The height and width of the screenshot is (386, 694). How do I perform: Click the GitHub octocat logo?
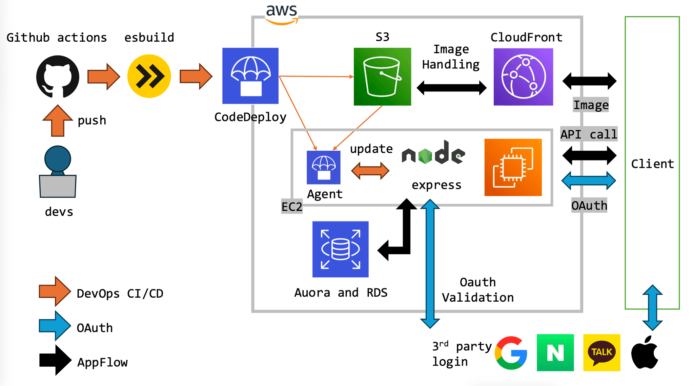[58, 77]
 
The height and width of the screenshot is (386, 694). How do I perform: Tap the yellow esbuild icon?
[149, 76]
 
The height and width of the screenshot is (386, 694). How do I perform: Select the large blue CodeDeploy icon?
[250, 76]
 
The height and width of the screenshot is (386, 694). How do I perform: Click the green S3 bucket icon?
[382, 77]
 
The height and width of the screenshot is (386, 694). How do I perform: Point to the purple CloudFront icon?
[523, 77]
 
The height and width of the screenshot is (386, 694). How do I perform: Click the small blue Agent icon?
[324, 167]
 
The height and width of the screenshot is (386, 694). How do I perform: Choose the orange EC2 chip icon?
[513, 167]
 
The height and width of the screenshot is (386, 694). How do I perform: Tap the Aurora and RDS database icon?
[340, 249]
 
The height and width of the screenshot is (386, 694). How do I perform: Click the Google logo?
[511, 353]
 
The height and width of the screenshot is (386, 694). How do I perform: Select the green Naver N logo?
[555, 353]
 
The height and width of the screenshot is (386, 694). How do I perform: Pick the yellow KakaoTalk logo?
[602, 353]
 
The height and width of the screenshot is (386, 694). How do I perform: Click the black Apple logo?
[645, 353]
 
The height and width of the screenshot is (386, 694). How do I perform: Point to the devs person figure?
[58, 172]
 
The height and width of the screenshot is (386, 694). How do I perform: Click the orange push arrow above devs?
[58, 121]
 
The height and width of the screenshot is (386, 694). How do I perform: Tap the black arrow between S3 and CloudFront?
[451, 88]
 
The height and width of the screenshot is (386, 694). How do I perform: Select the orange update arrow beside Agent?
[370, 171]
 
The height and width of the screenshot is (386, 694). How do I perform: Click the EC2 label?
[292, 207]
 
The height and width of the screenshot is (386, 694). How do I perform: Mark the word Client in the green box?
[652, 164]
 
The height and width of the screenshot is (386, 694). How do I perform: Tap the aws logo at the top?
[282, 14]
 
